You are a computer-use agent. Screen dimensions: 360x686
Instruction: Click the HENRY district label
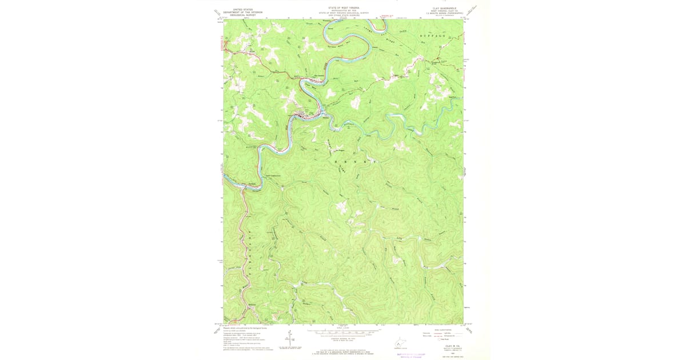tap(354, 162)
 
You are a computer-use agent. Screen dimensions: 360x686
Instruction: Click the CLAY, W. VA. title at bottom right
tap(449, 346)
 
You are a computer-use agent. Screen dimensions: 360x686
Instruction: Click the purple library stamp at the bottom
tap(410, 355)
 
